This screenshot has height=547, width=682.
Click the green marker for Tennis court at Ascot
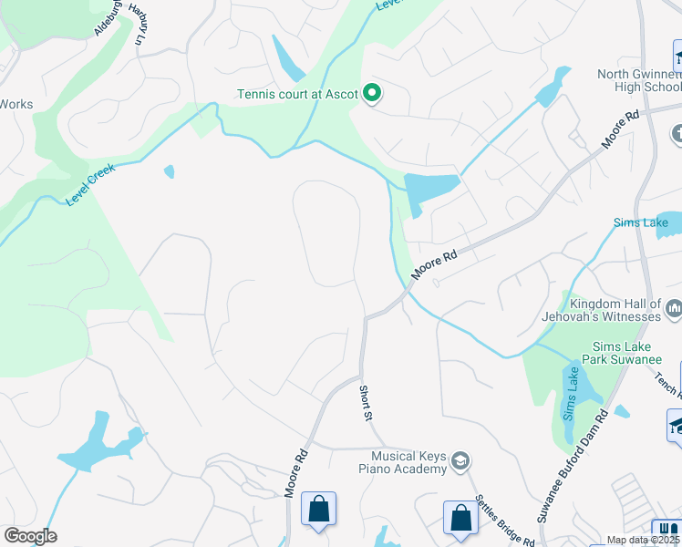click(x=372, y=93)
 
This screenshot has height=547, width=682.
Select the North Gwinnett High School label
click(x=639, y=80)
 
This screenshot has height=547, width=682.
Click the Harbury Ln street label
click(x=138, y=24)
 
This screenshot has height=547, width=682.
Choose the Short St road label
click(x=365, y=403)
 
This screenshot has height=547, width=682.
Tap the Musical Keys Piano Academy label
click(x=409, y=461)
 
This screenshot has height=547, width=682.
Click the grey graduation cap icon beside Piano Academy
click(x=461, y=461)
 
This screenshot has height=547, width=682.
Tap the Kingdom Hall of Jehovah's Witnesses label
click(x=615, y=310)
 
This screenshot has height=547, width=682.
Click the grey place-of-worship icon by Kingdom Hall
click(x=674, y=310)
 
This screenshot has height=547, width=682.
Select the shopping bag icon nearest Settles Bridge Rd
click(x=460, y=517)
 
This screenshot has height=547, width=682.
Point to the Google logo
click(x=30, y=536)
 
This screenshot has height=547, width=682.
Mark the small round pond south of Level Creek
click(x=169, y=171)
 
